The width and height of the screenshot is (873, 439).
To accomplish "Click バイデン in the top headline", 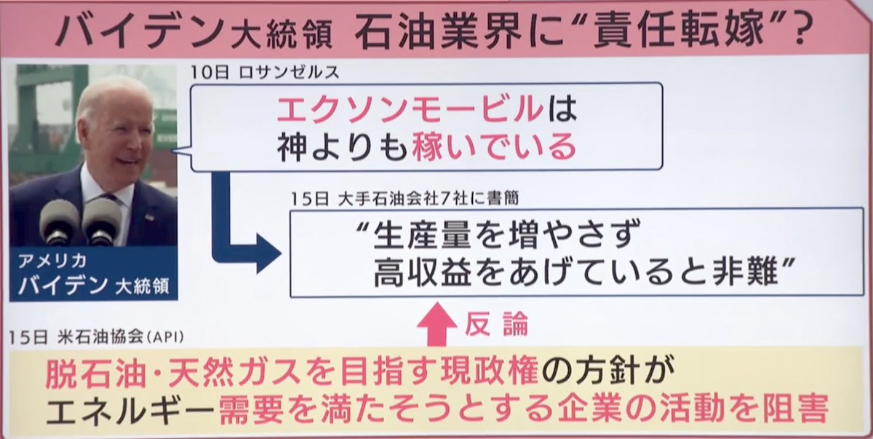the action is click(x=135, y=32).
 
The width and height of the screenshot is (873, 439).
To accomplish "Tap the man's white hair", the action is click(x=105, y=93).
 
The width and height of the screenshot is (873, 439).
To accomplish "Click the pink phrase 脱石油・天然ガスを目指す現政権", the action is click(x=291, y=375).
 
